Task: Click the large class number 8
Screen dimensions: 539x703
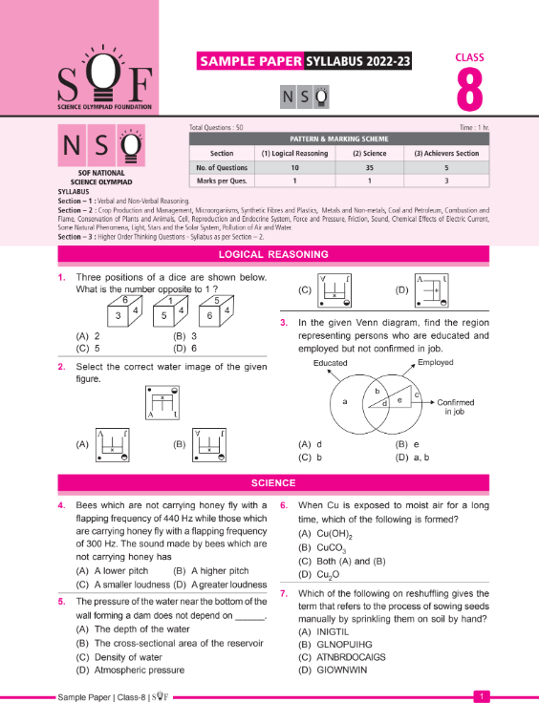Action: [x=469, y=90]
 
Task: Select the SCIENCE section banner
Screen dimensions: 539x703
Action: [x=272, y=483]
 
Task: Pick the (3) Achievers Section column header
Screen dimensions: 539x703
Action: [x=446, y=153]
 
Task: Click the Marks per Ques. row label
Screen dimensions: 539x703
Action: [x=208, y=180]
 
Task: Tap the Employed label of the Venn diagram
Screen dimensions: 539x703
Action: [x=435, y=363]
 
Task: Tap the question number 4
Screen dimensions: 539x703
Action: [x=61, y=505]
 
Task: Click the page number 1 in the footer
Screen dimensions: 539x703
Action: [x=485, y=696]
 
